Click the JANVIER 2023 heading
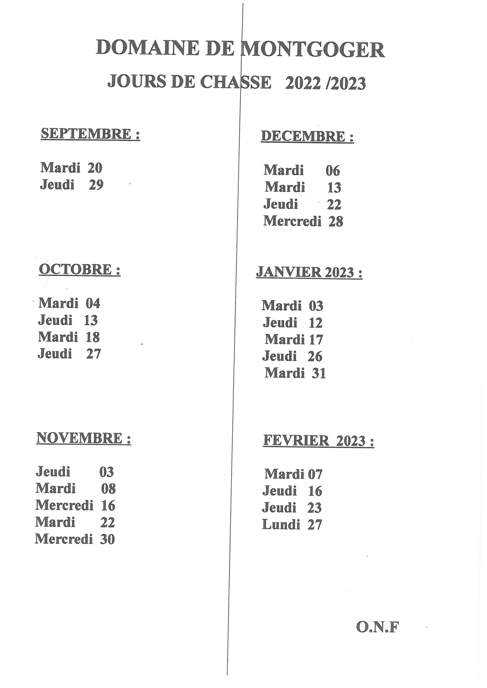pyautogui.click(x=309, y=273)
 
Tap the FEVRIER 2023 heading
pyautogui.click(x=319, y=441)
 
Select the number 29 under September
pyautogui.click(x=96, y=185)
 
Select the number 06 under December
pyautogui.click(x=333, y=171)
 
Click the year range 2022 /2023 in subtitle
pyautogui.click(x=325, y=83)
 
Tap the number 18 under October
pyautogui.click(x=93, y=337)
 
